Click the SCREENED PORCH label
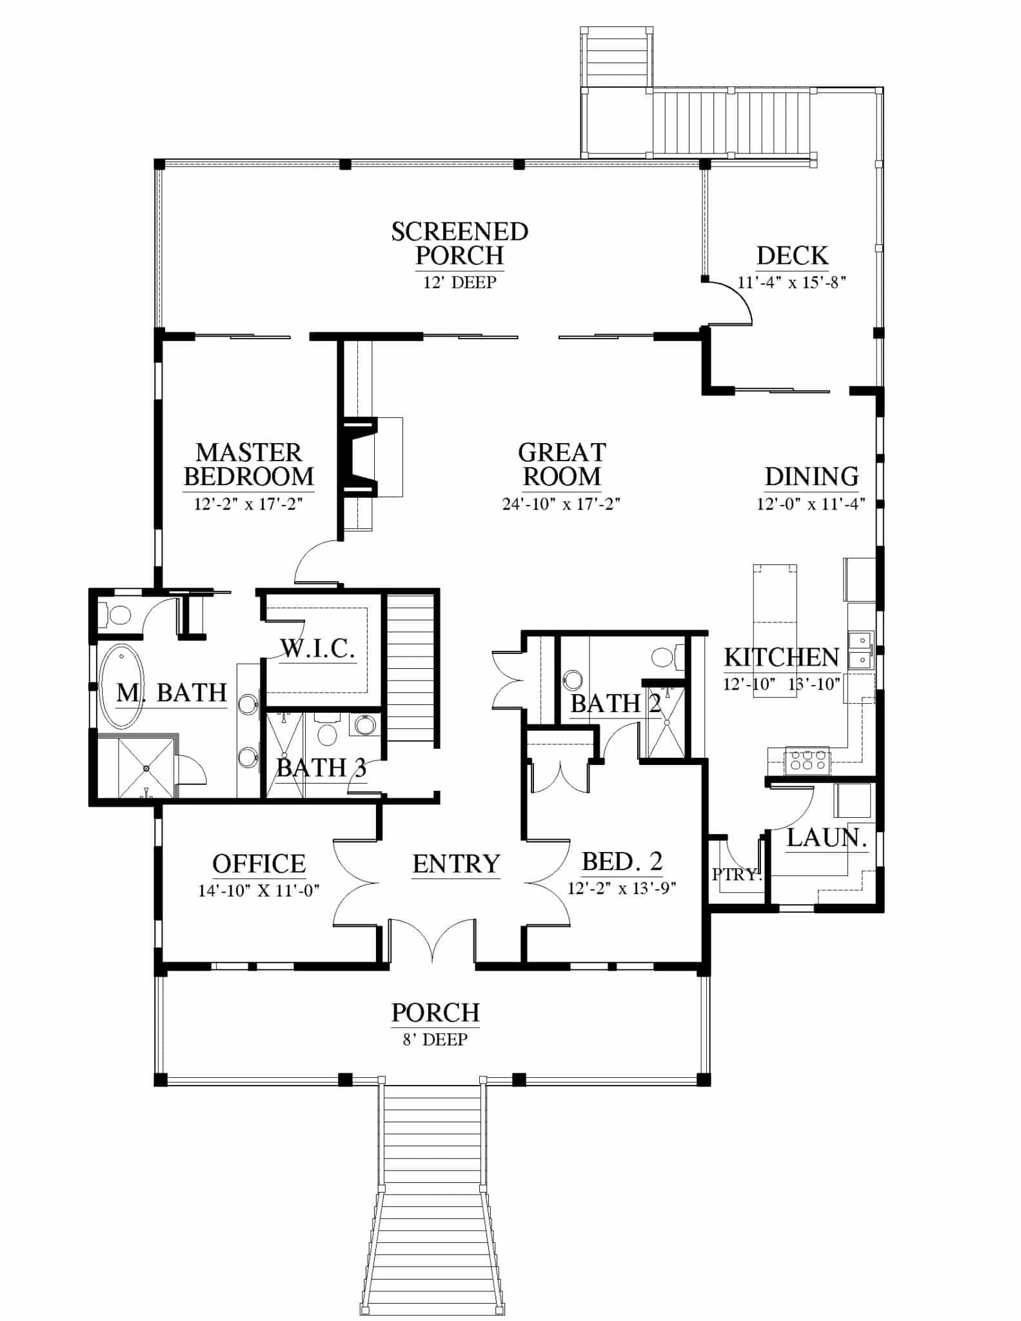tap(460, 243)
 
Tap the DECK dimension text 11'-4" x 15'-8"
tap(791, 282)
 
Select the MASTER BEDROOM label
tap(248, 464)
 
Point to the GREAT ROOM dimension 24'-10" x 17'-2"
tap(561, 504)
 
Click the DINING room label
tap(811, 477)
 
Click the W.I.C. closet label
tap(318, 648)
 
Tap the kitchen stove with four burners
tap(807, 761)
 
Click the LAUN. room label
tap(827, 838)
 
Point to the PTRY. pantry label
tap(737, 875)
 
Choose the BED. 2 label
tap(622, 861)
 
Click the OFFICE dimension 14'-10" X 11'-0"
tap(259, 891)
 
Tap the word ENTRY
tap(456, 864)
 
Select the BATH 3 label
tap(321, 768)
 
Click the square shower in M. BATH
tap(146, 768)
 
